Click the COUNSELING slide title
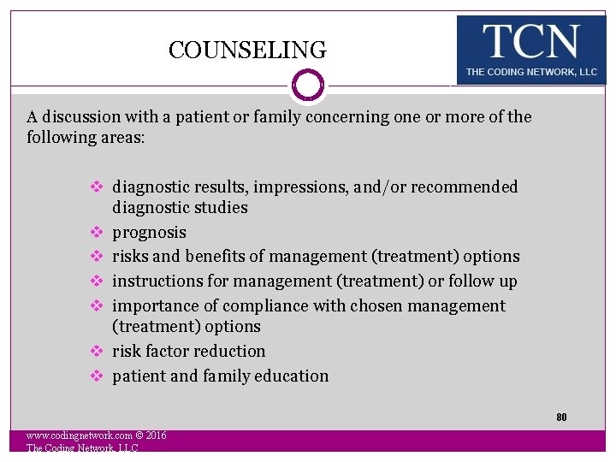[247, 50]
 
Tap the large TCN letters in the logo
[530, 42]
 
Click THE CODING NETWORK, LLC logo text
[531, 73]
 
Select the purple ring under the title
[308, 86]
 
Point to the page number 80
[561, 418]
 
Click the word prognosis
[149, 232]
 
